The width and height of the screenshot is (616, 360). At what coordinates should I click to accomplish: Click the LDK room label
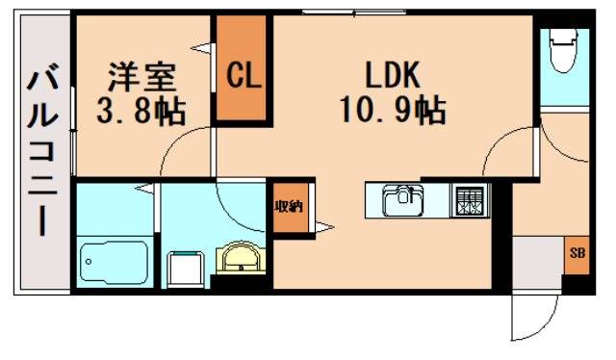(x=391, y=75)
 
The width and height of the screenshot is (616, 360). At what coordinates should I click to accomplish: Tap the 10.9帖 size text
(x=391, y=111)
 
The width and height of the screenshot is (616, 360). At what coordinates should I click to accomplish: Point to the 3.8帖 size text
(x=141, y=109)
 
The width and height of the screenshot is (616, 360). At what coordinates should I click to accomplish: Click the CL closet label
(x=244, y=76)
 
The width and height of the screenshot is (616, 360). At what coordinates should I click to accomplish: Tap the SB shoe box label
(x=577, y=254)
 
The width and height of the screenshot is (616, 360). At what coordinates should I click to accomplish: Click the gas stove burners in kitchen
(x=470, y=201)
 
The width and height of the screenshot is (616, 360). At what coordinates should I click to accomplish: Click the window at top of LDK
(x=337, y=12)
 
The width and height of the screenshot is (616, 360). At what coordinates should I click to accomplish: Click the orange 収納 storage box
(x=292, y=207)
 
